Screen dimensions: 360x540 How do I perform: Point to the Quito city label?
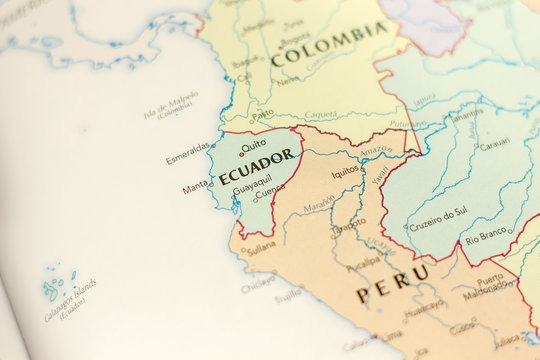(x=254, y=144)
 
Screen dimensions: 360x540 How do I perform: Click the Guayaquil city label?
(x=252, y=184)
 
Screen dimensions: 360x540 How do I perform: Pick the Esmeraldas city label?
(x=188, y=153)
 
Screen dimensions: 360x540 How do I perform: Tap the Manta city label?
(x=194, y=187)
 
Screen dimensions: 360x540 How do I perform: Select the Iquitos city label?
(x=345, y=171)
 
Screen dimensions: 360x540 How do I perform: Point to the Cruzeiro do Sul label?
(x=438, y=212)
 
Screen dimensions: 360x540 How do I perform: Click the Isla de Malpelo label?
(x=170, y=105)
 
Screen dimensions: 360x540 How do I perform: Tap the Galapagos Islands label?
(x=71, y=300)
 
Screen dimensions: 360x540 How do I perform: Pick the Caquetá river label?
(x=320, y=115)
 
